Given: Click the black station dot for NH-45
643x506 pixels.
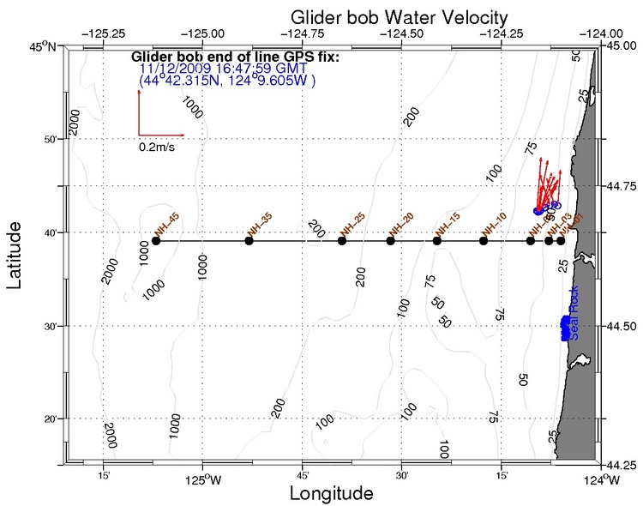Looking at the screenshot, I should pyautogui.click(x=155, y=240).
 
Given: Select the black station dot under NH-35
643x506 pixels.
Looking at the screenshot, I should pyautogui.click(x=249, y=240).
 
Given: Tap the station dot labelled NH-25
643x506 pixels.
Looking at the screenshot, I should pyautogui.click(x=342, y=240).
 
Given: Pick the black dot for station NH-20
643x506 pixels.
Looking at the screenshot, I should pyautogui.click(x=390, y=240).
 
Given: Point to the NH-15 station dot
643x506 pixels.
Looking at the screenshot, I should pyautogui.click(x=437, y=240).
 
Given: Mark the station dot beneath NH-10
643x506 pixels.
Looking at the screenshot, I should pyautogui.click(x=484, y=240).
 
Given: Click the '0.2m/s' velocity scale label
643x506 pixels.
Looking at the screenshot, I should pyautogui.click(x=159, y=147).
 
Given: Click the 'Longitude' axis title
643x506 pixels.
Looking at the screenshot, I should pyautogui.click(x=331, y=493).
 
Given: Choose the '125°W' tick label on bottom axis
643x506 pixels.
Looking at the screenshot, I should pyautogui.click(x=203, y=479).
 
